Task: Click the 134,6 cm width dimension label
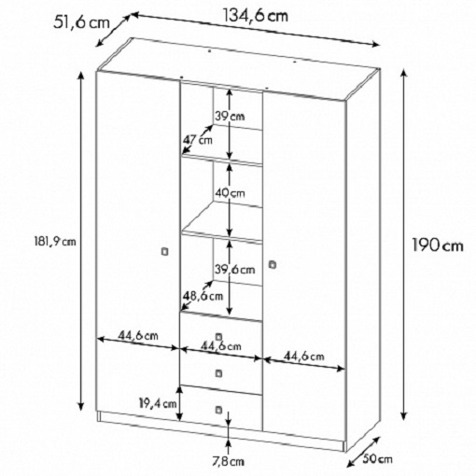[256, 16]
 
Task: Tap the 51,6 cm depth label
[82, 22]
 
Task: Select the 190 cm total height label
[438, 245]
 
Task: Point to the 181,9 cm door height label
[55, 242]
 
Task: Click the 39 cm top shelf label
[230, 117]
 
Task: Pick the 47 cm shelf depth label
[198, 140]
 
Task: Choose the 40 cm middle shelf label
[230, 193]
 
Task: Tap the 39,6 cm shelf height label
[235, 270]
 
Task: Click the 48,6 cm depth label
[203, 296]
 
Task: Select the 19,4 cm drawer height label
[158, 403]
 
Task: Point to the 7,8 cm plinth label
[229, 462]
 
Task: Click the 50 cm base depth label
[377, 459]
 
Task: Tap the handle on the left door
[165, 252]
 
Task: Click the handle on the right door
[273, 265]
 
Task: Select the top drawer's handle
[218, 337]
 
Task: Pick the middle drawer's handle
[219, 373]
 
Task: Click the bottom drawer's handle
[219, 410]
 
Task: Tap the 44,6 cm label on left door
[138, 336]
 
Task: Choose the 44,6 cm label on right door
[304, 357]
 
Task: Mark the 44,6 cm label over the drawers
[221, 346]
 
